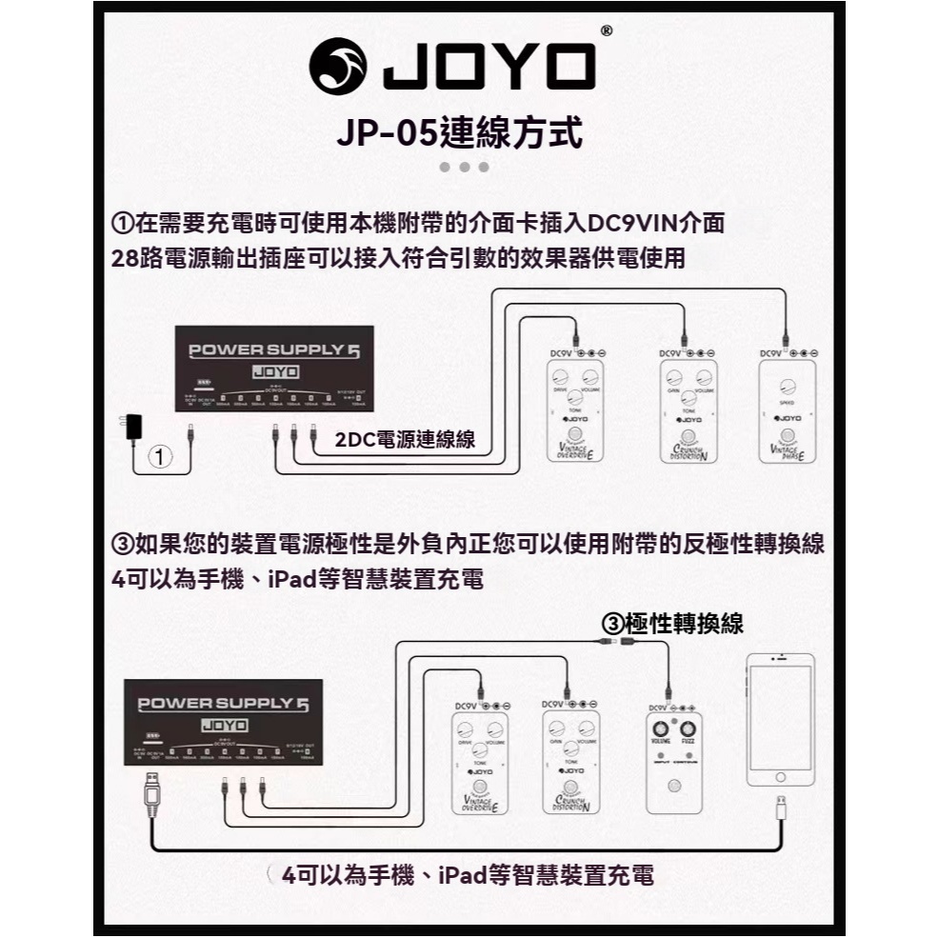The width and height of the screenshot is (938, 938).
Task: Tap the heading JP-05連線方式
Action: [460, 131]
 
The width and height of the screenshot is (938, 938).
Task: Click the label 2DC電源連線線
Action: [406, 439]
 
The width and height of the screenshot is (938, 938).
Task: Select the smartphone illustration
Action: [780, 718]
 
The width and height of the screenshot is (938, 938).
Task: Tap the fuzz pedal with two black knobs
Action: [674, 762]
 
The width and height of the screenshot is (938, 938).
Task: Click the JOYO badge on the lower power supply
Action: [226, 726]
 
